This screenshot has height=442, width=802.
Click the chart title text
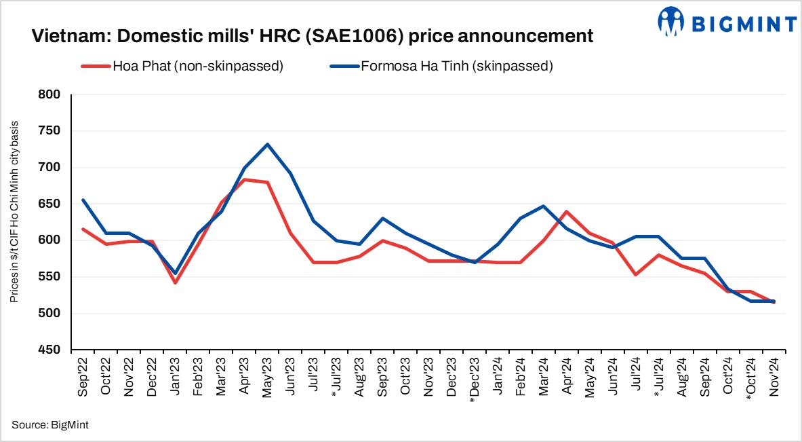(x=313, y=36)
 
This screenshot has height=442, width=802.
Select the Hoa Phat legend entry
(x=182, y=66)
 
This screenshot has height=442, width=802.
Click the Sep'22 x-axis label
(x=83, y=378)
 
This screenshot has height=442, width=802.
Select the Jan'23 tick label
(x=176, y=378)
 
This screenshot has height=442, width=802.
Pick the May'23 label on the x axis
(x=268, y=378)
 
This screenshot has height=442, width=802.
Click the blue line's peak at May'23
(x=268, y=144)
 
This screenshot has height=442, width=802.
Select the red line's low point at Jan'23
(x=176, y=282)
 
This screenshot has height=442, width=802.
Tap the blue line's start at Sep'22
(x=83, y=200)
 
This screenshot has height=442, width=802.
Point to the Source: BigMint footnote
(x=50, y=425)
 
